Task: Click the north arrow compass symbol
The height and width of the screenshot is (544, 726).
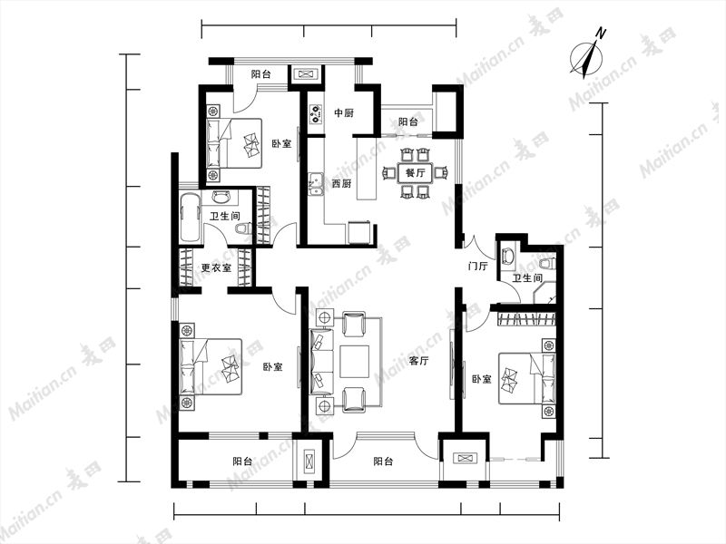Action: point(587,55)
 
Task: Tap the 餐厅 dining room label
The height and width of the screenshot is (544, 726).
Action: point(415,173)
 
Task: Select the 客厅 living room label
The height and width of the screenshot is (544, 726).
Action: point(418,360)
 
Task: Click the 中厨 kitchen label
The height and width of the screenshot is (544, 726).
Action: point(344,112)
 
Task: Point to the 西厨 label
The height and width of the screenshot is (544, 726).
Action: point(342,183)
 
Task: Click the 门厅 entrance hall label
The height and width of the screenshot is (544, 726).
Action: point(478,266)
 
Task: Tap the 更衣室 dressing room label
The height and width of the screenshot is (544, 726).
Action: point(216,267)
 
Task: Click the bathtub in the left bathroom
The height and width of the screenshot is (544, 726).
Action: point(191,218)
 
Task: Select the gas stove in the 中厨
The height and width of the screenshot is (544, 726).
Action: point(316,114)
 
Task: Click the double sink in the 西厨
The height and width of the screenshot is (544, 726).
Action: point(316,184)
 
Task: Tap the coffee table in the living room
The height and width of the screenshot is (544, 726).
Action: point(354,362)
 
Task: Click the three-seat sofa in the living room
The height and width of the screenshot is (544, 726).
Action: point(321,362)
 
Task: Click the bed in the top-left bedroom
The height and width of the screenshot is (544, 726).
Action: point(234,143)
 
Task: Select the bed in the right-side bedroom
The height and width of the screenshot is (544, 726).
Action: point(526,379)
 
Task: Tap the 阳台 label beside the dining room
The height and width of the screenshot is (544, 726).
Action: point(407,122)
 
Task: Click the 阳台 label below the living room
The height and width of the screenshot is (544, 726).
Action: point(383,461)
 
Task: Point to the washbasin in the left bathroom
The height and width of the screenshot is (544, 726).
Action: point(221,197)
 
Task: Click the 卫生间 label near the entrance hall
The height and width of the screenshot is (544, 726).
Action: point(527,278)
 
